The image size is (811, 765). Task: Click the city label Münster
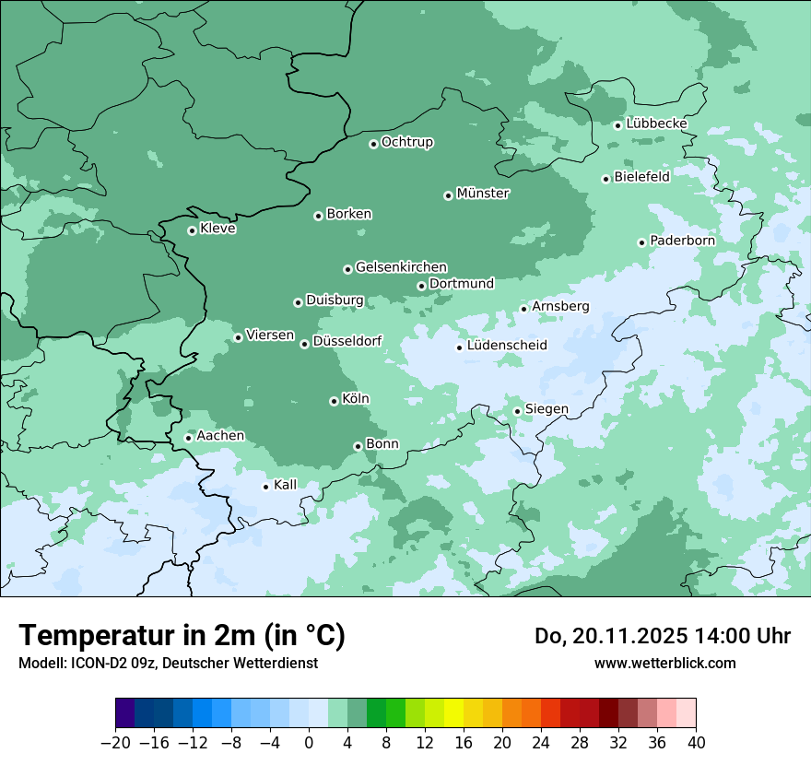coord(483,194)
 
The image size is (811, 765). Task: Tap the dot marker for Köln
coord(334,401)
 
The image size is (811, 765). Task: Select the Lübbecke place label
coord(656,124)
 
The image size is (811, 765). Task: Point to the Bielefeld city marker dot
coord(606,179)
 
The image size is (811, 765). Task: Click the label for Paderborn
coord(682,241)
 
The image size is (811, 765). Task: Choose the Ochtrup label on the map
coord(406,142)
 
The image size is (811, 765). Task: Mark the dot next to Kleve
coord(192,230)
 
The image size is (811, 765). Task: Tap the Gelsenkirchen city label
coord(401,267)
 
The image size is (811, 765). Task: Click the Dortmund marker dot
coord(421,286)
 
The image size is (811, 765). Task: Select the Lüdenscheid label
coord(507,346)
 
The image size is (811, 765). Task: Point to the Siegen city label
coord(547,409)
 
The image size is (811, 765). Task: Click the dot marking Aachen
coord(188,438)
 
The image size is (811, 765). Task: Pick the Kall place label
coord(286,485)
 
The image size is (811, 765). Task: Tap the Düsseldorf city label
coord(347,342)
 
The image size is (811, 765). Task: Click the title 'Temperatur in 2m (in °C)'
coord(182,635)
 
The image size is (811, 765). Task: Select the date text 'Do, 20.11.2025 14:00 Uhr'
coord(662,636)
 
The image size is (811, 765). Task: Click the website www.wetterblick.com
coord(664,663)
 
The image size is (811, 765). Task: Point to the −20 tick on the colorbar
coord(116,742)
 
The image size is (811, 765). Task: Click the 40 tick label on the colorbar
coord(696,742)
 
